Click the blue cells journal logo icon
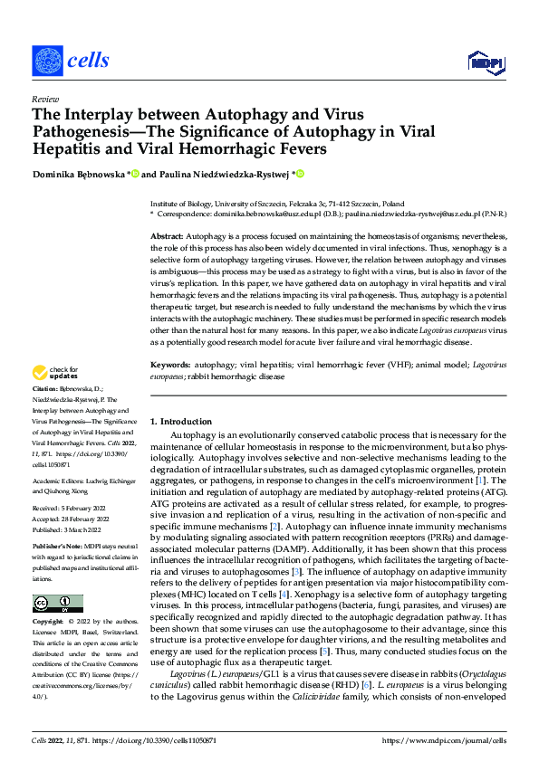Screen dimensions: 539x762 (47, 60)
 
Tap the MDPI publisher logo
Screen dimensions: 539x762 (485, 62)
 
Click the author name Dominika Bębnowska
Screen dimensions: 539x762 (80, 174)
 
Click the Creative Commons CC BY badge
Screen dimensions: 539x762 (57, 604)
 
